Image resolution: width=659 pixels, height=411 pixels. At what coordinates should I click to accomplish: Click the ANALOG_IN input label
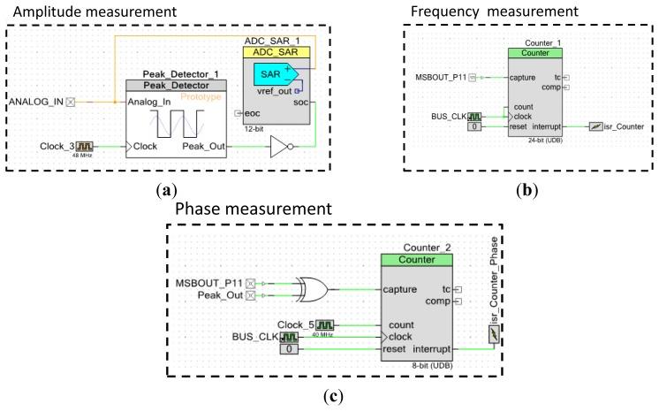36,102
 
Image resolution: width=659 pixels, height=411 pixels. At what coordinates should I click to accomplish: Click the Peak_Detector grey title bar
176,86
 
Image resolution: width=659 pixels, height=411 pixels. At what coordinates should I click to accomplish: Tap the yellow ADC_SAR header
276,53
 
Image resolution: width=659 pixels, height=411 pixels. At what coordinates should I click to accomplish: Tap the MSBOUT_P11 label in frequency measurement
441,77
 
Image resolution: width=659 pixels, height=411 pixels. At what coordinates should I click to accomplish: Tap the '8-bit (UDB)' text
427,364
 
